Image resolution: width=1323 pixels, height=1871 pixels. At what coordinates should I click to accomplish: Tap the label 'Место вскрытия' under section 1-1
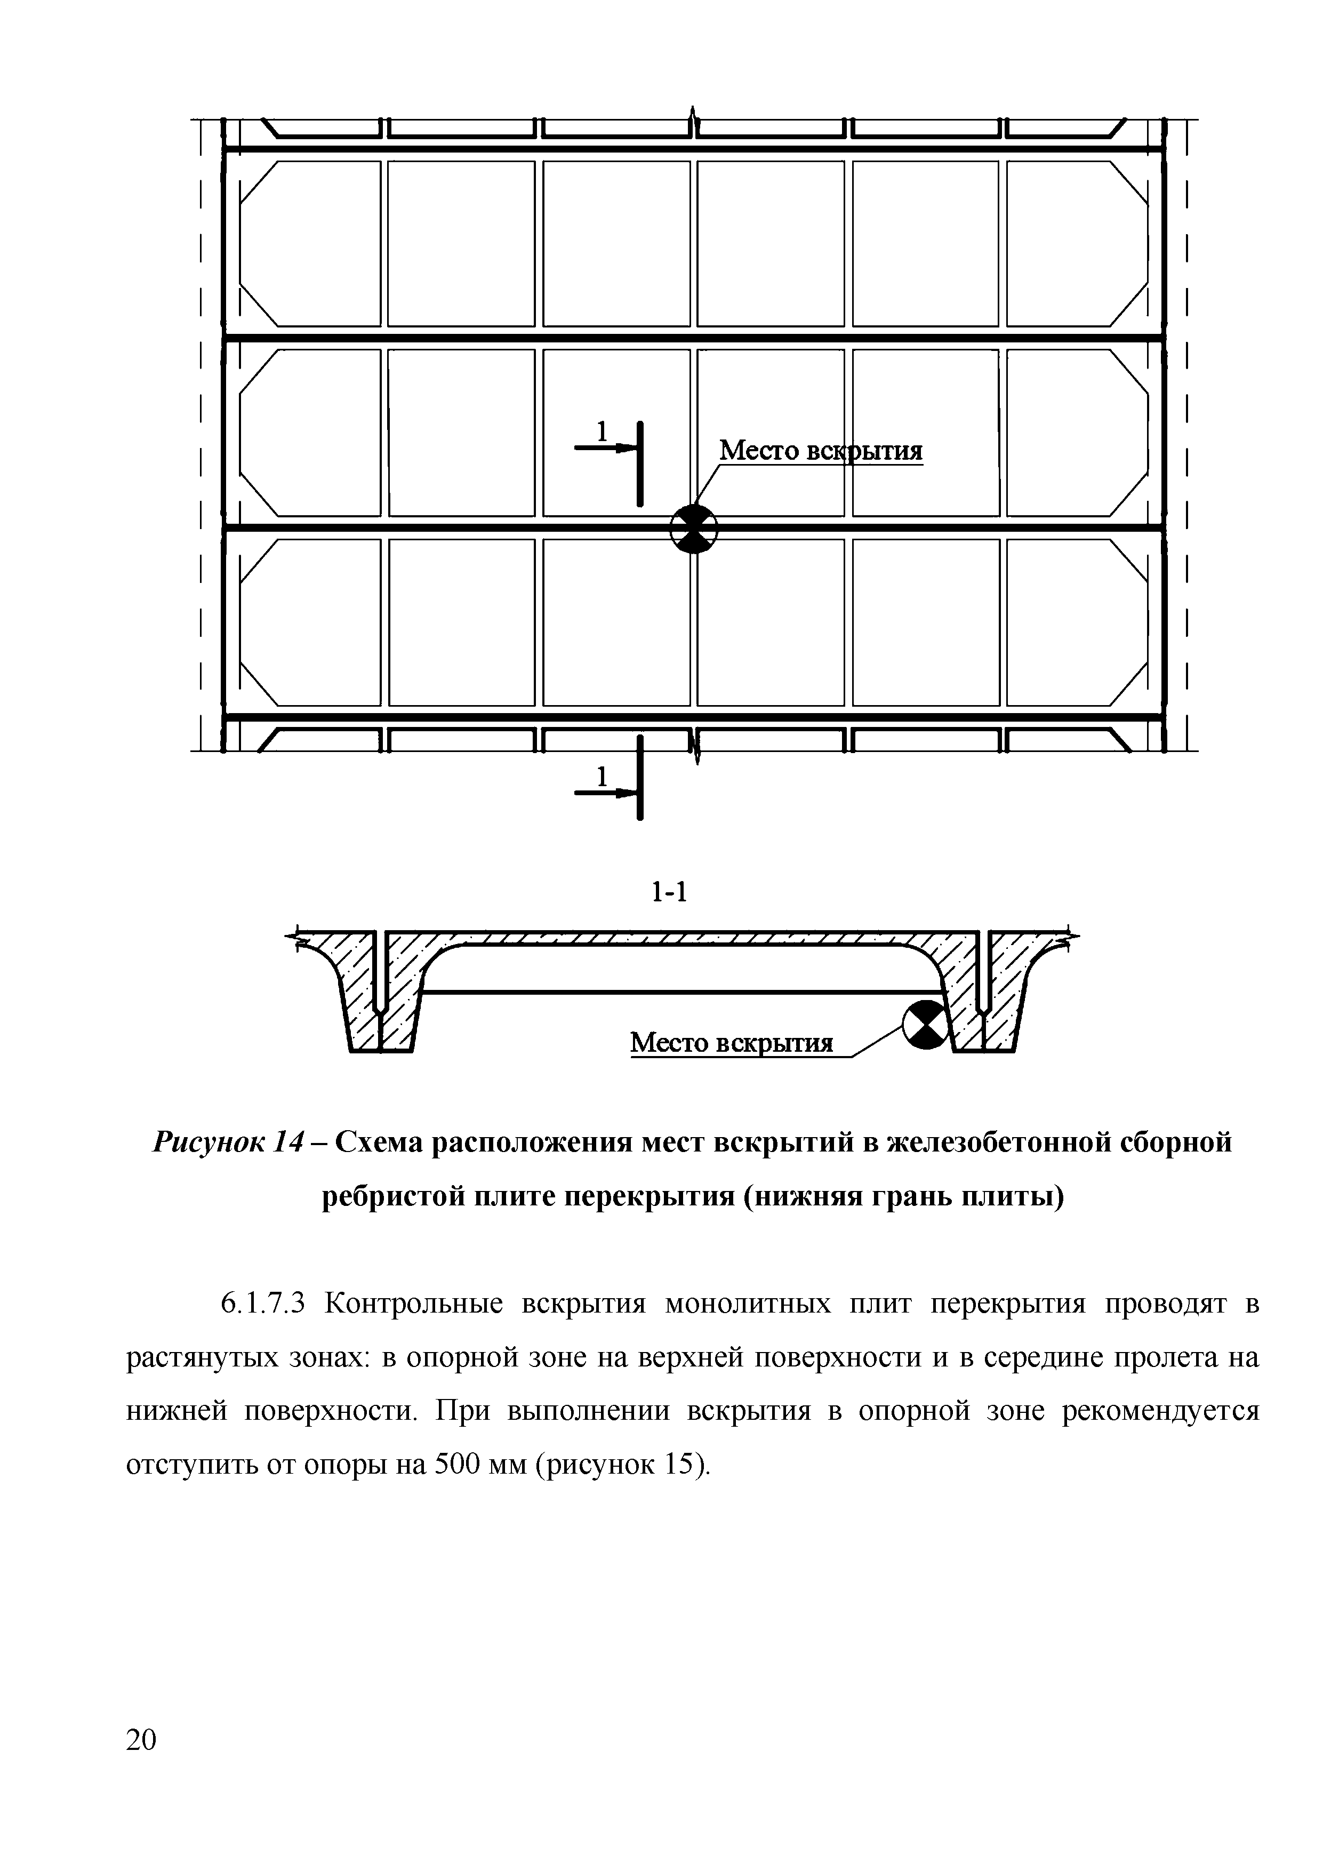(x=732, y=1042)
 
